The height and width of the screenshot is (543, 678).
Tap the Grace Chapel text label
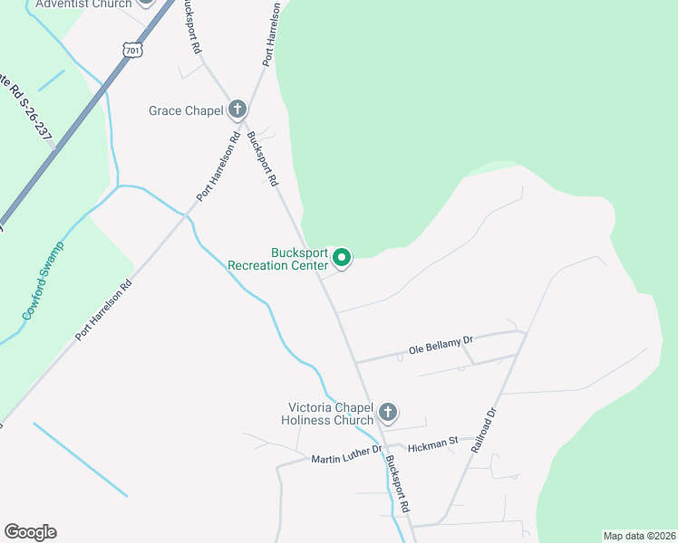(x=186, y=111)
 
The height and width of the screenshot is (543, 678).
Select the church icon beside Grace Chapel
(x=237, y=110)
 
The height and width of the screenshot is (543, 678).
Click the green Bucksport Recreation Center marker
(x=342, y=259)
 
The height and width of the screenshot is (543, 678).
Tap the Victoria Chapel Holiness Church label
(x=330, y=414)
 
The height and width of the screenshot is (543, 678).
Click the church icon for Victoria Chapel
(x=387, y=414)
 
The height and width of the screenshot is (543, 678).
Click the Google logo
(x=30, y=532)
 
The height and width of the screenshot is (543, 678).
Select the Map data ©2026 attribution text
(x=639, y=536)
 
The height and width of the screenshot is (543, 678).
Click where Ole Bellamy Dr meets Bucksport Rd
(x=355, y=363)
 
